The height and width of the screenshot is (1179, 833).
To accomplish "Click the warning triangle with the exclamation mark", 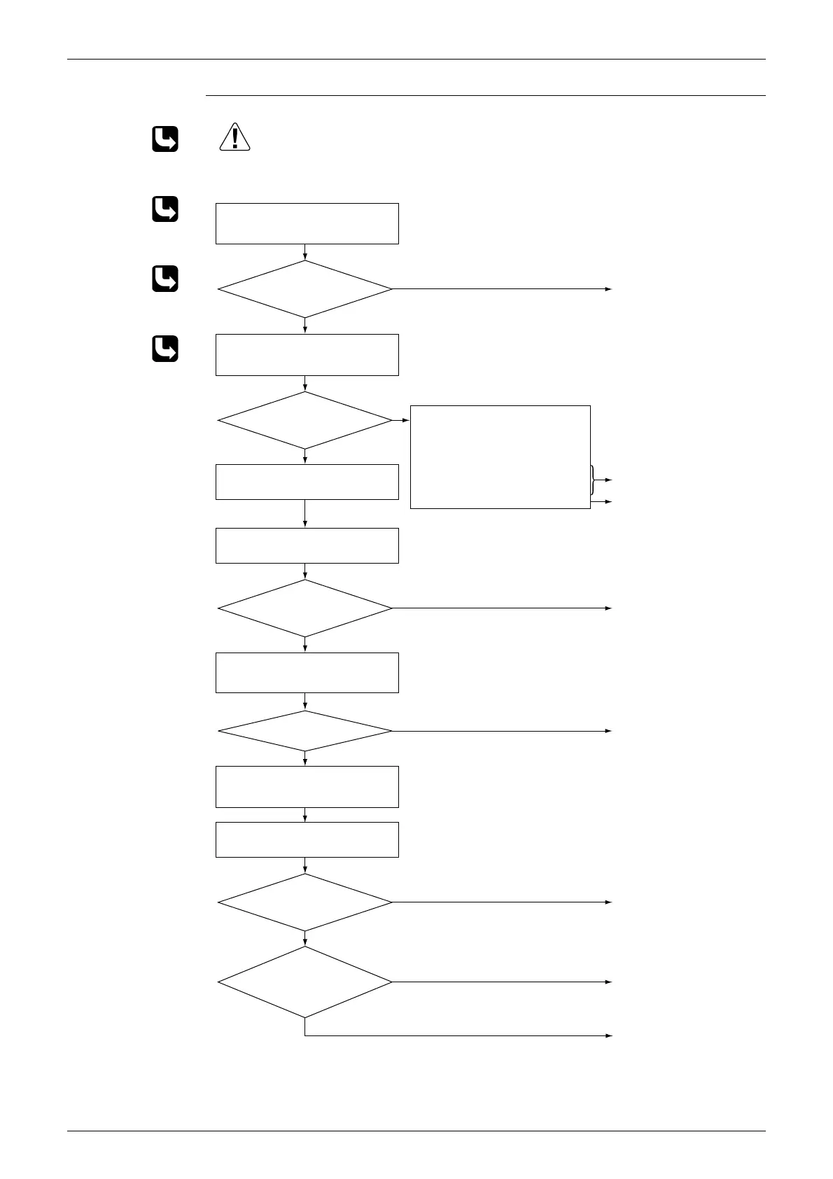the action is coord(235,137).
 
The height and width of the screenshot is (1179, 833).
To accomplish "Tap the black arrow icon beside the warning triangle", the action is coord(165,139).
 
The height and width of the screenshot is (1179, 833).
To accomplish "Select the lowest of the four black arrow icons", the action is coord(165,349).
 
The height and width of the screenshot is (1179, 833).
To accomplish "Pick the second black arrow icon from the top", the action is coord(165,209).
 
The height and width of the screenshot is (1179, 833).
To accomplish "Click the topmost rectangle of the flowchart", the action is coord(307,223).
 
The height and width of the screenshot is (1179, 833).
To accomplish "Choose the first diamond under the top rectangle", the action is coord(305,288).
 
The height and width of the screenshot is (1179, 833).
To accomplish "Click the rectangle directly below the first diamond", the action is coord(307,355).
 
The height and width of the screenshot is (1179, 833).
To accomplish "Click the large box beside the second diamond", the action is coord(500,456).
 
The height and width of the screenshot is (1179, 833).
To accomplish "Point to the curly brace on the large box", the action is coord(594,480).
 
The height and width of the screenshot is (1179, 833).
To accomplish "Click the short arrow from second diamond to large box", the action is coord(401,421).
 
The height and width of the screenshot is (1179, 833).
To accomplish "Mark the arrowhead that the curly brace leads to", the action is coord(609,480).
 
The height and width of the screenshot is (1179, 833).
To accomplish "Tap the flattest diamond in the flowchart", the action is coord(305,731).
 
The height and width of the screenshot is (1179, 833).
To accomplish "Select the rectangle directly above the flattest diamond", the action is coord(307,673).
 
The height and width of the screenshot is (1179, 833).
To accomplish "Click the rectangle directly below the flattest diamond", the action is coord(307,786).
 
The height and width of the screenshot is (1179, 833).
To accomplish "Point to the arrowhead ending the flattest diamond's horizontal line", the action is coord(609,731).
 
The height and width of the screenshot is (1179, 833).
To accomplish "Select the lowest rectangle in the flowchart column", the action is coord(307,839).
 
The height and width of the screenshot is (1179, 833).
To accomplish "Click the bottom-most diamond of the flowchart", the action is coord(305,982).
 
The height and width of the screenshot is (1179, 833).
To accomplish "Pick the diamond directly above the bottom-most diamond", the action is coord(305,902).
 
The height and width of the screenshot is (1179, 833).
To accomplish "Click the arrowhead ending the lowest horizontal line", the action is coord(609,1035).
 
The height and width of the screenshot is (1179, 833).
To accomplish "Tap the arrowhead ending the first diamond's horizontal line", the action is coord(609,288).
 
